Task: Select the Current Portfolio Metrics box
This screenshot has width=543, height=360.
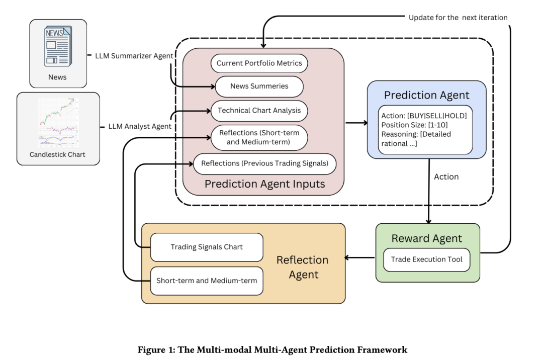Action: click(x=259, y=63)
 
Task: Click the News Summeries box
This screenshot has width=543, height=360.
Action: click(x=259, y=86)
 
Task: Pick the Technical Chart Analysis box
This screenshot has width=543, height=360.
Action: click(x=259, y=110)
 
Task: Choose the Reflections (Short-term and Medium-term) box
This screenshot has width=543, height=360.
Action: click(x=259, y=137)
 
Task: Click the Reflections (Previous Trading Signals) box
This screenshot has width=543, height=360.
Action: click(x=264, y=163)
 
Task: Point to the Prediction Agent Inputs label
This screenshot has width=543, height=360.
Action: click(x=264, y=184)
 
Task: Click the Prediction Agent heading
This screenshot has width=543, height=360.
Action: click(x=426, y=95)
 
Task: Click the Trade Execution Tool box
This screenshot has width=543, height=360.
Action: click(x=427, y=260)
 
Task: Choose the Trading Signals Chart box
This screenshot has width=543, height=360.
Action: click(x=207, y=247)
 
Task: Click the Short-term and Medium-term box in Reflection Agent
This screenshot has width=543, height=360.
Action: click(x=207, y=280)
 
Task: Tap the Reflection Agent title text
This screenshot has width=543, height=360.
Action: click(x=303, y=267)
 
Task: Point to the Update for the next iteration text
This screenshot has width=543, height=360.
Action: click(x=458, y=18)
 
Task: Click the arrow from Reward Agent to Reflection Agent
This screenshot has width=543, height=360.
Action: click(x=360, y=258)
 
